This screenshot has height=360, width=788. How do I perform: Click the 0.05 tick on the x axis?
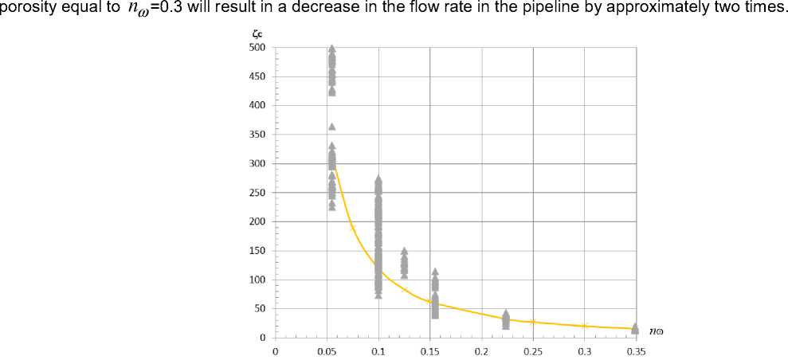point(327,350)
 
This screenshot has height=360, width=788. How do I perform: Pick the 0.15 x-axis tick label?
point(430,350)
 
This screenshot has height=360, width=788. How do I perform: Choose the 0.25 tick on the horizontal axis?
point(533,350)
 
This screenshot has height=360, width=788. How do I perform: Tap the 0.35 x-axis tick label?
point(636,350)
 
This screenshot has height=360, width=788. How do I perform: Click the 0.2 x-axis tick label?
point(481,350)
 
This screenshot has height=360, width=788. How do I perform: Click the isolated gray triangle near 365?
point(332,127)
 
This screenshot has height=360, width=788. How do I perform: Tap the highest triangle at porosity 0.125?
point(404,251)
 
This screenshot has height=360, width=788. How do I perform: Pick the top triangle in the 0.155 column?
point(435,272)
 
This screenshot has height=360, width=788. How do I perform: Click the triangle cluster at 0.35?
point(635,328)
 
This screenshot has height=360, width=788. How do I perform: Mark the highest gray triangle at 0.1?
point(378,179)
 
